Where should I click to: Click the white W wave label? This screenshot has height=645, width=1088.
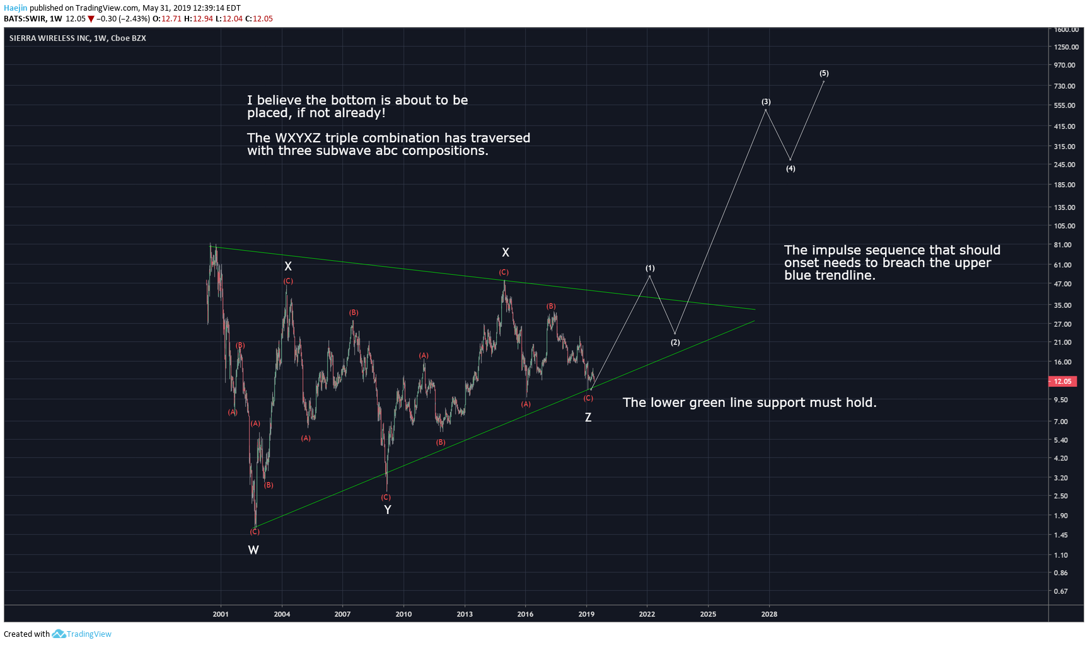pos(253,550)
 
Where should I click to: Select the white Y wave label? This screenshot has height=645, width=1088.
pos(388,510)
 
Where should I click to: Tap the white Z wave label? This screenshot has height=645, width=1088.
pos(588,417)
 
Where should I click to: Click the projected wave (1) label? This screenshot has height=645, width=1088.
pos(650,268)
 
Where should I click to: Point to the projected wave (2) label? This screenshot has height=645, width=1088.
pos(675,343)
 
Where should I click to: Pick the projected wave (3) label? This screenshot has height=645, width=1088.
pos(766,102)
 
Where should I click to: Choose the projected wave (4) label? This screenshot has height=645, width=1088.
pos(790,169)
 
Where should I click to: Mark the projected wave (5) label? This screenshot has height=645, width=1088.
pos(824,74)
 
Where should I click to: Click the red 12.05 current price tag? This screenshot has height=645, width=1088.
pos(1063,381)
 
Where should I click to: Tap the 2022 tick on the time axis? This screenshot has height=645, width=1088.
pos(647,614)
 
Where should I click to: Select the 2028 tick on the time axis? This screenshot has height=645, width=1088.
pos(769,614)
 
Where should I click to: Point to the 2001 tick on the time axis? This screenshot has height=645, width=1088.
pos(221,614)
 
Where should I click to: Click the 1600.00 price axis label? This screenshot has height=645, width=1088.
pos(1066,30)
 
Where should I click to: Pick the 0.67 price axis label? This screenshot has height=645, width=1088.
pos(1061,591)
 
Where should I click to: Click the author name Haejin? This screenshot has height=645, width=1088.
pos(16,8)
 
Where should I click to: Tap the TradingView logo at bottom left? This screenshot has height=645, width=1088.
pos(81,634)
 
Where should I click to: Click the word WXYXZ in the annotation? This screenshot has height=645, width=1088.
pos(298,138)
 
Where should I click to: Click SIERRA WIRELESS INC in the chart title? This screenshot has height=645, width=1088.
pos(50,38)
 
